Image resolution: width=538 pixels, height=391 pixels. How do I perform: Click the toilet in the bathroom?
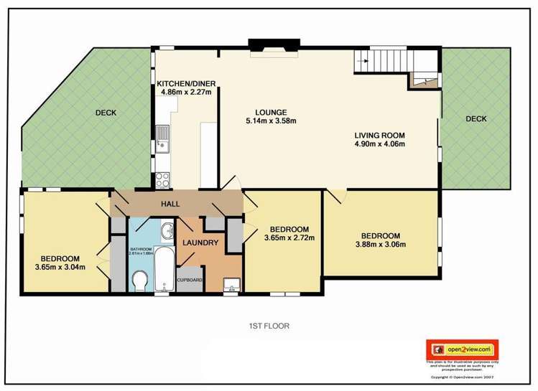[140, 278]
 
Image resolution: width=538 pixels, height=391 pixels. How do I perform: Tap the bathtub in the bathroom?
[162, 270]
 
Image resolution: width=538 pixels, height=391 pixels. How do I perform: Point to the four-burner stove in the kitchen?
[161, 177]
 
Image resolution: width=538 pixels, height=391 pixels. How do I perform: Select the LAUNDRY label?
[200, 242]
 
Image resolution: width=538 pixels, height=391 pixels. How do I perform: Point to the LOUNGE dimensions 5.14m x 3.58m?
[271, 121]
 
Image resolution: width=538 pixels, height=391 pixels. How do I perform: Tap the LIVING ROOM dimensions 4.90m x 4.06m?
[380, 144]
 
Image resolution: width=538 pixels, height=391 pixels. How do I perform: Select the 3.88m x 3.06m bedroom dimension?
[380, 245]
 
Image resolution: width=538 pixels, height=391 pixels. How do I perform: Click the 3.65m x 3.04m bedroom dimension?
[60, 268]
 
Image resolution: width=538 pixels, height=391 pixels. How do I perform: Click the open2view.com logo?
[462, 349]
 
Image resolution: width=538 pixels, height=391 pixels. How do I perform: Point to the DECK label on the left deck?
[106, 113]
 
